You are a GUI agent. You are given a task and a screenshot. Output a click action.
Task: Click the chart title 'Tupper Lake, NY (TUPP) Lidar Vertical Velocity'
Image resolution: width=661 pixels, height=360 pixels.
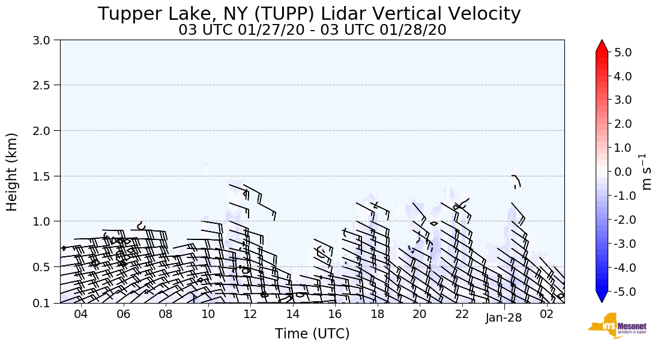(x=309, y=14)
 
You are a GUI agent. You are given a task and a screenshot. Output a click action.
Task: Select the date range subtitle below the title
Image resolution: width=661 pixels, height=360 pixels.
(x=312, y=30)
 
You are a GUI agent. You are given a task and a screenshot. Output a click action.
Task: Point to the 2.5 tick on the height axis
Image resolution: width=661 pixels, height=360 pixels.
(x=44, y=85)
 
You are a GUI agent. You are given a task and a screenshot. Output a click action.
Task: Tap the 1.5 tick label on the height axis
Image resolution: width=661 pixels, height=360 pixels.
(x=44, y=176)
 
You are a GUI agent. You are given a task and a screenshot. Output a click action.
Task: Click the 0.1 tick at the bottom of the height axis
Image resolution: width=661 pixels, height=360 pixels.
(x=44, y=304)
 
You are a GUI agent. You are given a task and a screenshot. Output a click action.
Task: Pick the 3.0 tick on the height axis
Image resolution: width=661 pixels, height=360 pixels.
(x=44, y=40)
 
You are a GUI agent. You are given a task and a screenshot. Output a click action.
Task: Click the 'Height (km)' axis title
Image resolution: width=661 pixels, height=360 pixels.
(x=12, y=172)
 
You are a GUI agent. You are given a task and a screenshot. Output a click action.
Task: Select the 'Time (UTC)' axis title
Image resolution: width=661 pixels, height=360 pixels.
(x=312, y=334)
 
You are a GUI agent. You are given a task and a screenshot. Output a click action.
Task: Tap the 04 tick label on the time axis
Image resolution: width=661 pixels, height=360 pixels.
(x=81, y=314)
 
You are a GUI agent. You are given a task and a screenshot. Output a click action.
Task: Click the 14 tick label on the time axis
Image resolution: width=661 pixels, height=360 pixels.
(x=292, y=314)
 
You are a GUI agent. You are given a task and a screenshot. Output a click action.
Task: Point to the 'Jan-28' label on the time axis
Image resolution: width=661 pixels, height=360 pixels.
(x=504, y=318)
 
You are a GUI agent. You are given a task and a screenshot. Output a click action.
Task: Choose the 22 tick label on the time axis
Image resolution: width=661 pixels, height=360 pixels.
(x=462, y=314)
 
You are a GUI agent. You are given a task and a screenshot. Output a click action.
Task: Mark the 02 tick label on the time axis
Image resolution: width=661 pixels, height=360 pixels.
(x=546, y=314)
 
